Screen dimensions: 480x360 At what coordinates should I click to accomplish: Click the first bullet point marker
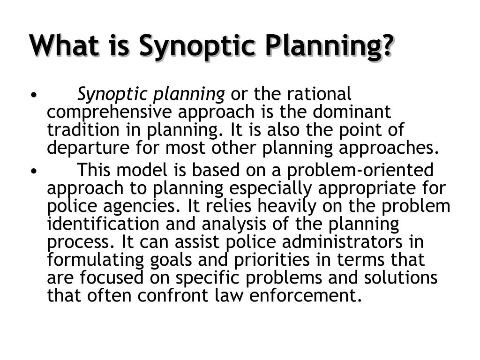pyautogui.click(x=34, y=95)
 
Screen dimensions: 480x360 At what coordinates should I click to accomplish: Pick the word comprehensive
pyautogui.click(x=109, y=112)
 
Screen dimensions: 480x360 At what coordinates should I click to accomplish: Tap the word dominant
pyautogui.click(x=352, y=112)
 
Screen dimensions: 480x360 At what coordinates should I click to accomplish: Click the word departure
pyautogui.click(x=88, y=148)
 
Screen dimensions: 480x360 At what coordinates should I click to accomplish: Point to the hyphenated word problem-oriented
pyautogui.click(x=360, y=171)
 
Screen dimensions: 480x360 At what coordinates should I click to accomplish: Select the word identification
pyautogui.click(x=103, y=224)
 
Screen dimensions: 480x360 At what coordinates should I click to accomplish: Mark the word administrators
pyautogui.click(x=342, y=241)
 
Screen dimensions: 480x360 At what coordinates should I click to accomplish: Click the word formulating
pyautogui.click(x=95, y=260)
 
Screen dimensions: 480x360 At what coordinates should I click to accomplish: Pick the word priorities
pyautogui.click(x=272, y=260)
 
